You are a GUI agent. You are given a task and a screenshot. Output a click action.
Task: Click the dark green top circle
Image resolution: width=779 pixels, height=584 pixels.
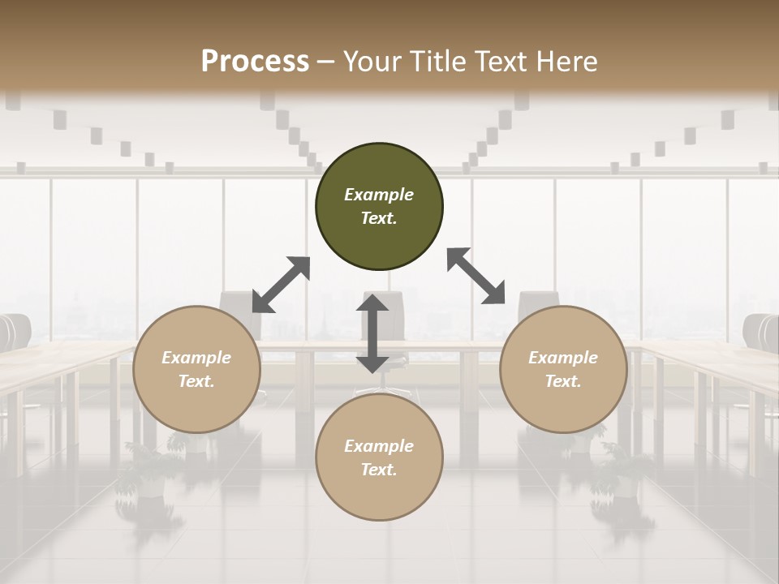click(x=379, y=207)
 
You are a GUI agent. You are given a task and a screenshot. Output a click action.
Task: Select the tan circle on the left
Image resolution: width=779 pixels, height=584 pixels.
click(x=196, y=369)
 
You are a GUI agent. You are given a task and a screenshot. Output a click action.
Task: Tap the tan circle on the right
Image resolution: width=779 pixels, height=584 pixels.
click(x=563, y=369)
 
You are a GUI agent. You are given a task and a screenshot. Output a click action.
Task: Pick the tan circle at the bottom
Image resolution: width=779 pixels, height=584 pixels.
click(x=379, y=457)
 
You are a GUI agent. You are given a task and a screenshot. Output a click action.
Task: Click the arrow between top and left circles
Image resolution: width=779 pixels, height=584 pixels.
click(x=281, y=285)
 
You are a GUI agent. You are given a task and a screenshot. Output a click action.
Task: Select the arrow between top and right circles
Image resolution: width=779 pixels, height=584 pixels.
click(x=476, y=276)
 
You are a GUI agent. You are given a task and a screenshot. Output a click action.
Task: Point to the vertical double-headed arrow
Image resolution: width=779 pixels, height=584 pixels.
click(x=372, y=333)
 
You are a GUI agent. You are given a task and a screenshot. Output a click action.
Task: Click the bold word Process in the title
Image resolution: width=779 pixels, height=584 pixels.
click(x=255, y=62)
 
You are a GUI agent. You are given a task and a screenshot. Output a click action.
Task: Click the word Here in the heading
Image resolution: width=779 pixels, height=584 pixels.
click(x=568, y=62)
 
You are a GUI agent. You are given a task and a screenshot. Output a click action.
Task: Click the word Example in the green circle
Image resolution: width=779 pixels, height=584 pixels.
click(x=379, y=195)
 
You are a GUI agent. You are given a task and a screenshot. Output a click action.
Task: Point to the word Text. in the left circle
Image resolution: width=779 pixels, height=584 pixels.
click(x=196, y=381)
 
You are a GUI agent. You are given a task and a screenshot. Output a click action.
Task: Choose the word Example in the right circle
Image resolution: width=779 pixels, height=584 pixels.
click(x=563, y=358)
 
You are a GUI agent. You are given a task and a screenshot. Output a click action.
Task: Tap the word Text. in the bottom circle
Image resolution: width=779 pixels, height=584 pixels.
click(x=379, y=470)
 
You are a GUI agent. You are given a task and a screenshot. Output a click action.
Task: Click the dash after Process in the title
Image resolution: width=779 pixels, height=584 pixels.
click(x=326, y=62)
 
